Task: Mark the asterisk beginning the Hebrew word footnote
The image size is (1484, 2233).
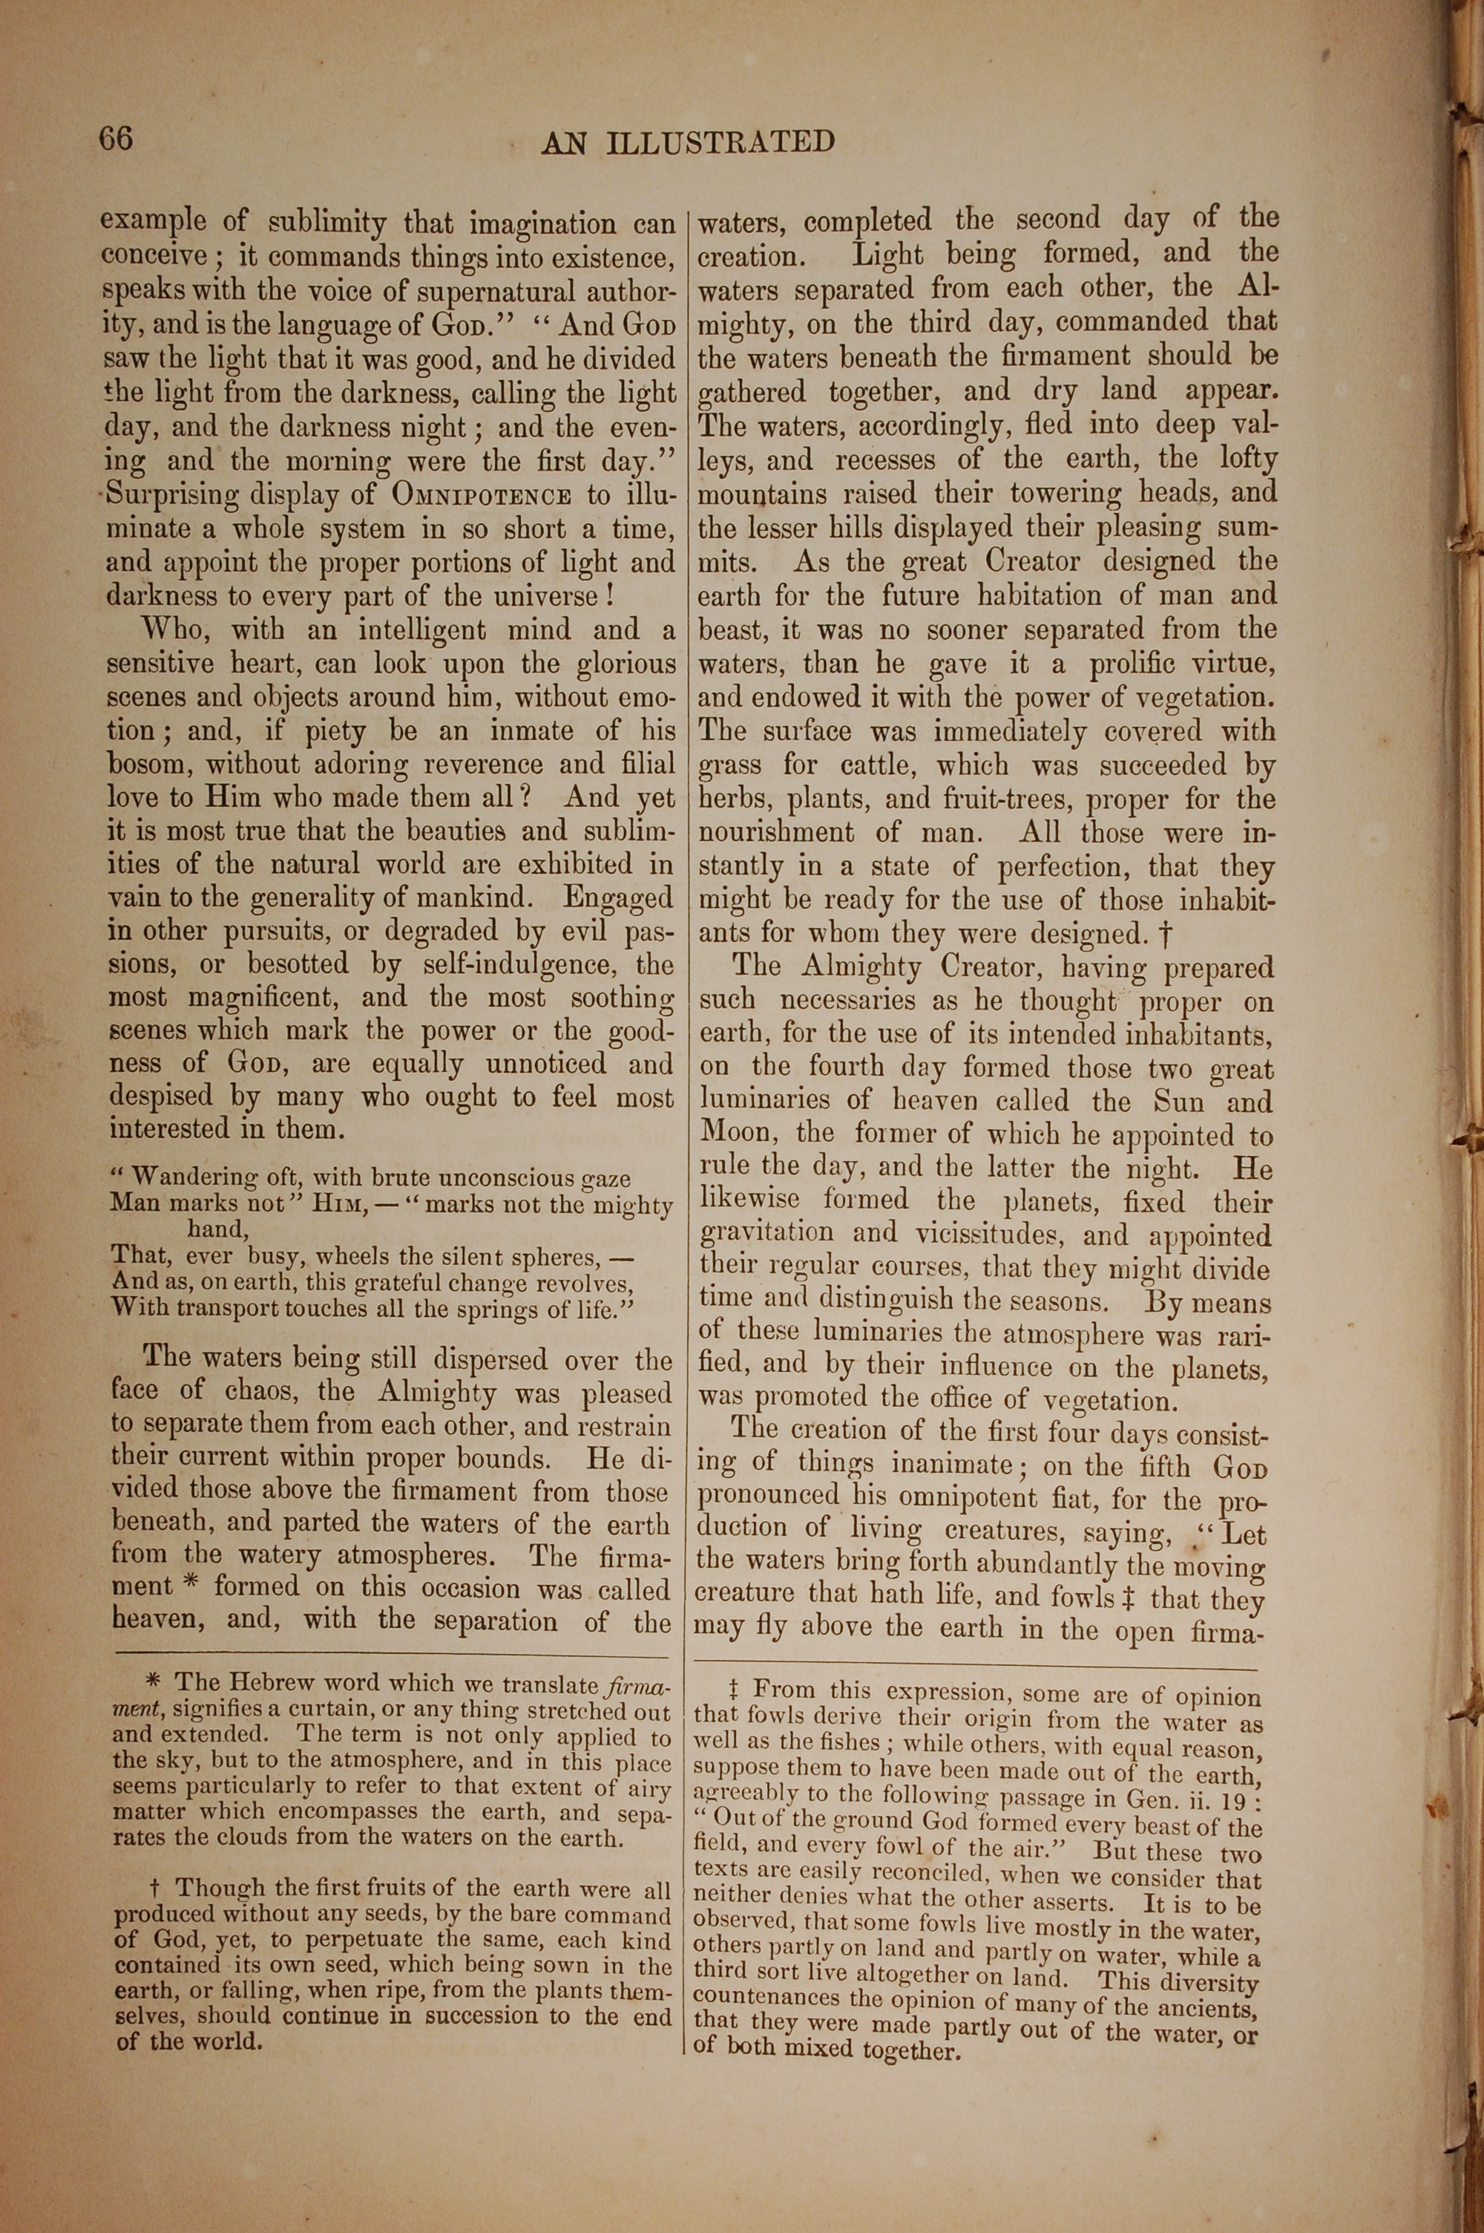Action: pos(154,1682)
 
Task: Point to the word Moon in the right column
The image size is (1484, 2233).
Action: pos(734,1132)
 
